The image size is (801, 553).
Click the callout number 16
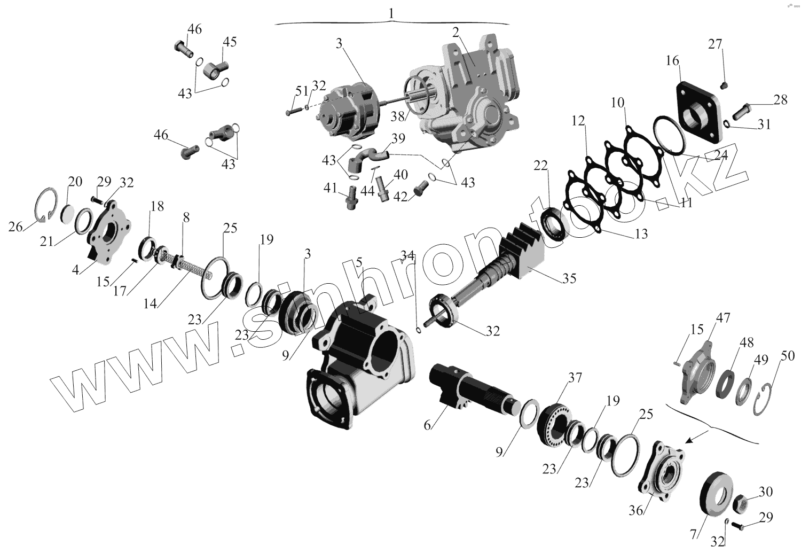point(672,60)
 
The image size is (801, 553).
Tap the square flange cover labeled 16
point(700,115)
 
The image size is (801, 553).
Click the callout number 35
point(570,278)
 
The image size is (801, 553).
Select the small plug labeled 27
point(725,85)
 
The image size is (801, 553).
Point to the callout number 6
point(427,426)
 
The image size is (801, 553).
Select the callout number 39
point(397,139)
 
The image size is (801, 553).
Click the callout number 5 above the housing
point(359,263)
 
